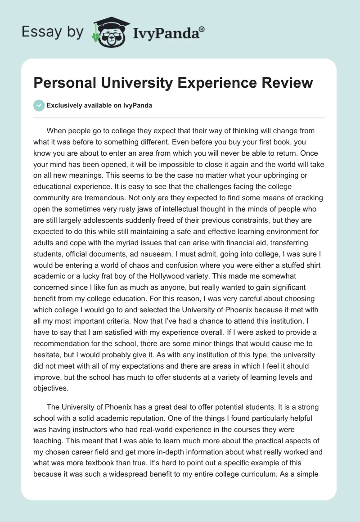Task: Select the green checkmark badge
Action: click(39, 105)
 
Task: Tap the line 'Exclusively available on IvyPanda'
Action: click(99, 105)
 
